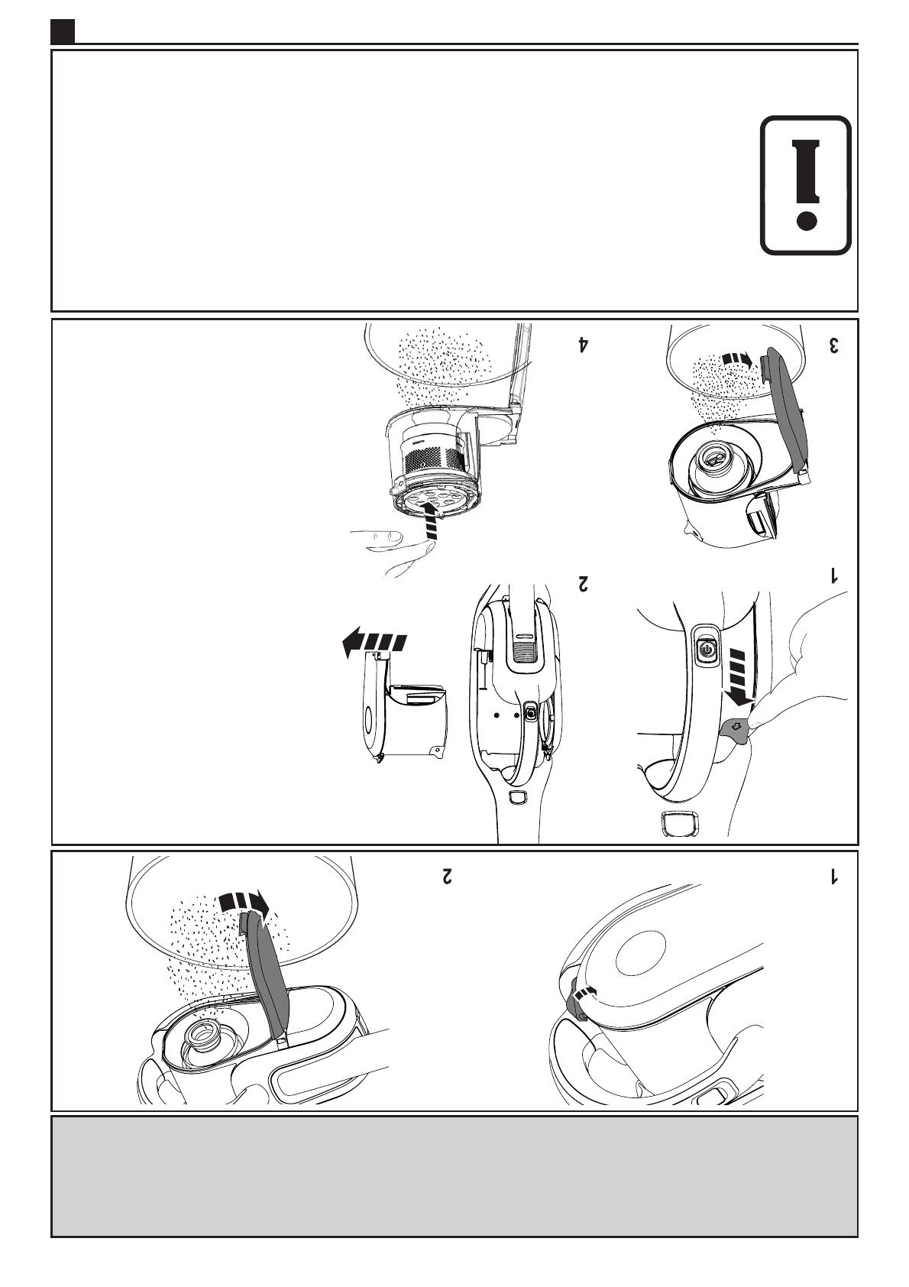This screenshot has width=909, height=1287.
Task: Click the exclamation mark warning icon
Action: coord(806,185)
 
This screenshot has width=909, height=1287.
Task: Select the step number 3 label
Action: coord(834,345)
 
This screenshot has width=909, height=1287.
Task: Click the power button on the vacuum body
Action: coord(706,650)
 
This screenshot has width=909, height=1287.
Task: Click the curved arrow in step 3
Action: coord(738,359)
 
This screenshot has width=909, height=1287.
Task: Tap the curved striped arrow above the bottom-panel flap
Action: coord(241,902)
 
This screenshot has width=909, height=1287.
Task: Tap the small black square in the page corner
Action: coord(63,31)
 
